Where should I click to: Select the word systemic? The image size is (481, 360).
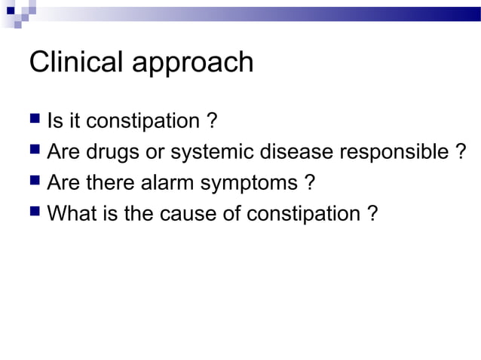(x=215, y=153)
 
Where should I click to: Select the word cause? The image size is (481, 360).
(x=185, y=215)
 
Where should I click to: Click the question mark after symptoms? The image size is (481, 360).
(x=308, y=183)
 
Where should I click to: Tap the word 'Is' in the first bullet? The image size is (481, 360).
(x=54, y=121)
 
